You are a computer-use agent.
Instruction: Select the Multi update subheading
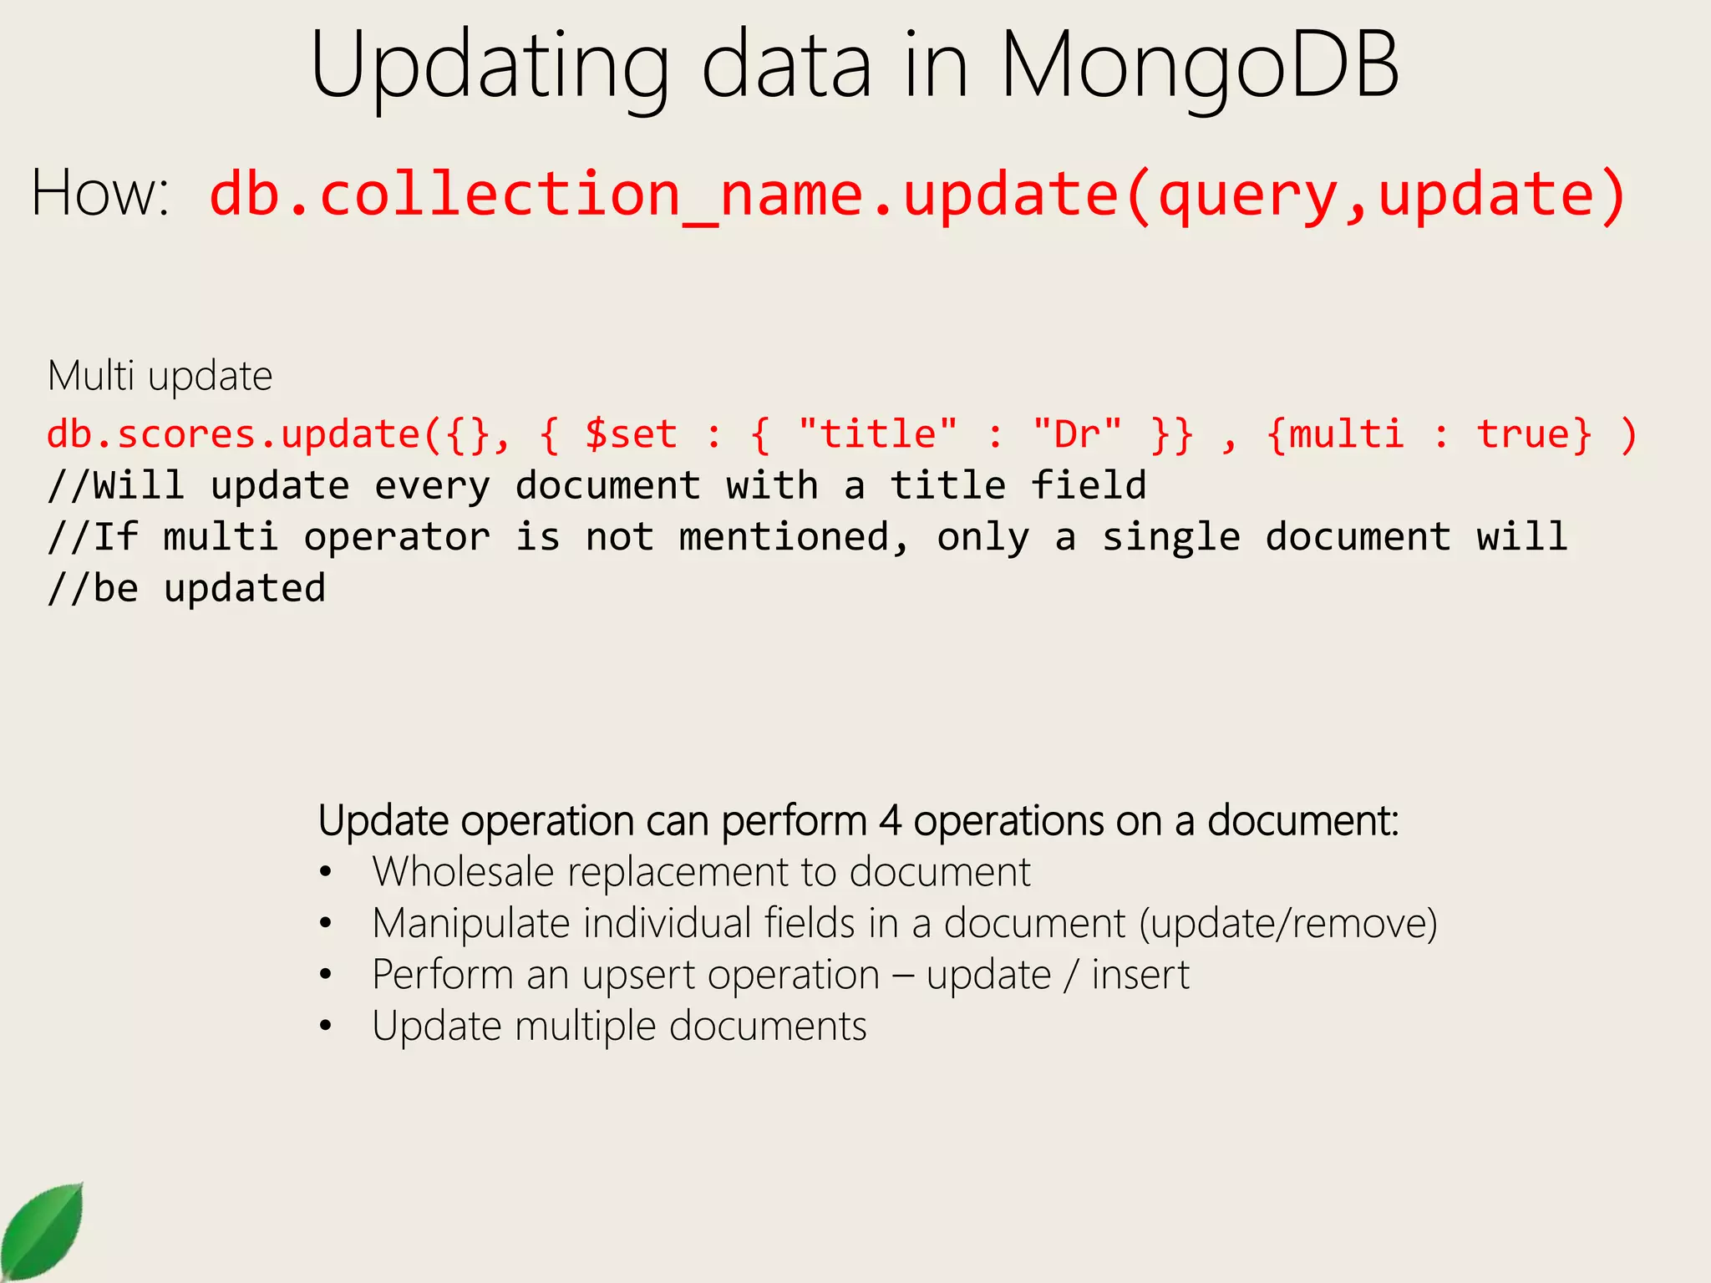point(160,376)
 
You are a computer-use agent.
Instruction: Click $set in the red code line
point(631,434)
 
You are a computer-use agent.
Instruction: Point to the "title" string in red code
point(877,434)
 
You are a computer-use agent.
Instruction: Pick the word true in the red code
point(1534,434)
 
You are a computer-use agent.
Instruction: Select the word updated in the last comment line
point(244,588)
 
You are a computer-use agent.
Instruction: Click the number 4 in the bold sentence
point(890,820)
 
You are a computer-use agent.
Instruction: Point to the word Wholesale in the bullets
point(463,872)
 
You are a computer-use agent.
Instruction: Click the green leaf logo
point(43,1232)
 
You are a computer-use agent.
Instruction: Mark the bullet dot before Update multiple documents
point(326,1027)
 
